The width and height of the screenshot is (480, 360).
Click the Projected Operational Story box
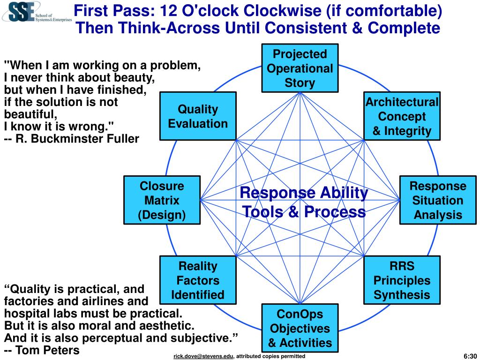[300, 68]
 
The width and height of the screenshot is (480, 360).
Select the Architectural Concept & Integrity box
[402, 116]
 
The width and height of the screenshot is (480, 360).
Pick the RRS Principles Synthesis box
[402, 280]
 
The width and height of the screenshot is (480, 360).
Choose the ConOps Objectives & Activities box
[300, 328]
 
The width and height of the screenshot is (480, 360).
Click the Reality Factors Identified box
[197, 280]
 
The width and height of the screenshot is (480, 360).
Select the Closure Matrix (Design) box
[162, 200]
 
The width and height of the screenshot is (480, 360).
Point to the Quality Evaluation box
[197, 116]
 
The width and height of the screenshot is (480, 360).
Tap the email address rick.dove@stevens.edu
[203, 357]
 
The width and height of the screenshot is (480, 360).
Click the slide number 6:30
[469, 356]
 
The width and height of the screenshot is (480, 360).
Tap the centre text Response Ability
[304, 193]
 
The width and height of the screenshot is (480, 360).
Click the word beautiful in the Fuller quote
[30, 114]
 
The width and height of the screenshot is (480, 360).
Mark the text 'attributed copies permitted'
[270, 357]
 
